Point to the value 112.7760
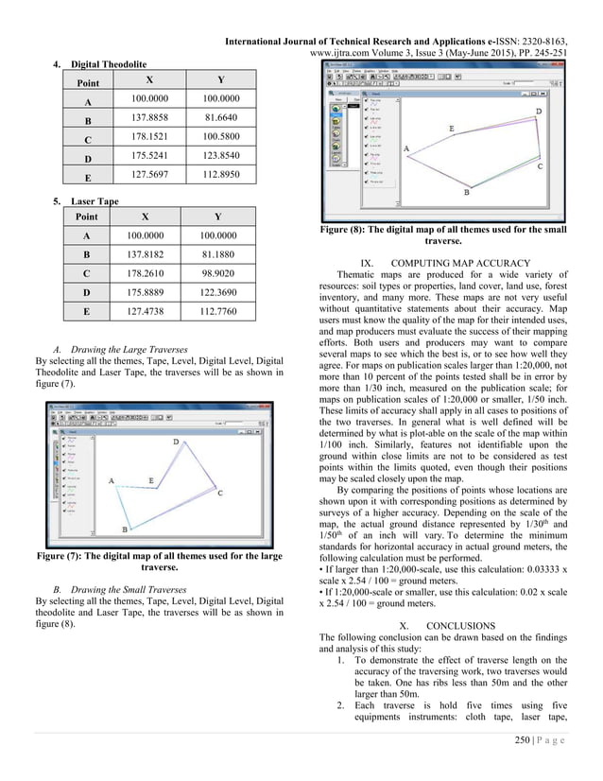220,326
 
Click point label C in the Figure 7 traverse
219,493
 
